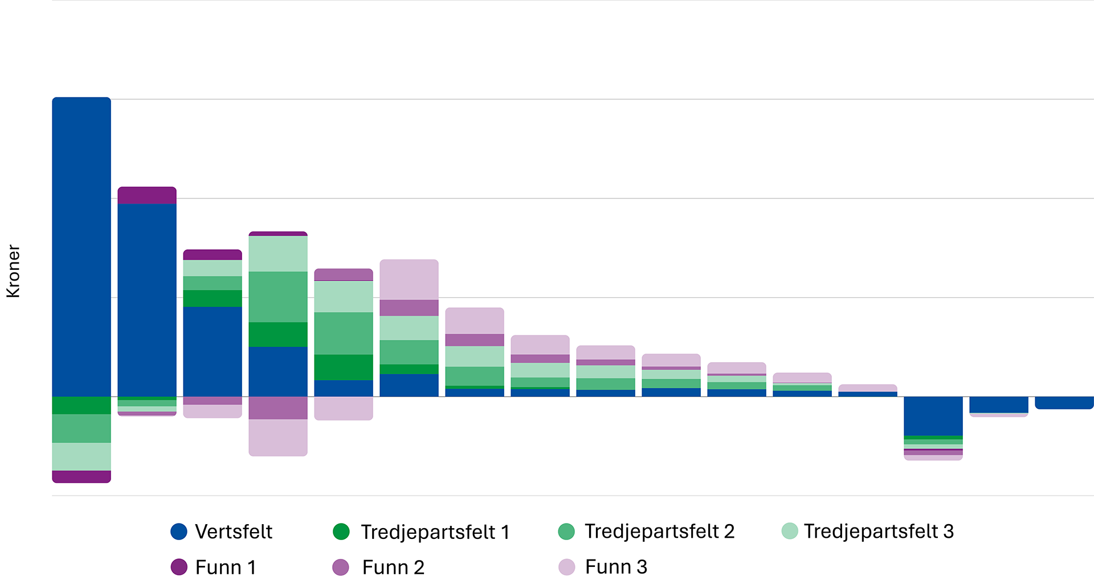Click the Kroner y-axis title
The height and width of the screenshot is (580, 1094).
point(13,271)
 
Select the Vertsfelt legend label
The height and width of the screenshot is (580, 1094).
point(233,532)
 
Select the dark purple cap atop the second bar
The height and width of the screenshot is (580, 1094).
point(147,195)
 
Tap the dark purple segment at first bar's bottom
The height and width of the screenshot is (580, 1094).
point(81,477)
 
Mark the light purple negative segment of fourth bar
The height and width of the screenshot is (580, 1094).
point(278,437)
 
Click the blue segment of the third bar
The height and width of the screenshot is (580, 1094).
point(213,351)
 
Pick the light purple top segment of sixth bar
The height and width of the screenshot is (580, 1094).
point(409,279)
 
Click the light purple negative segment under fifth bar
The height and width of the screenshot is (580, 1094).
point(344,408)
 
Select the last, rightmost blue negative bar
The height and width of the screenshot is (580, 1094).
point(1064,403)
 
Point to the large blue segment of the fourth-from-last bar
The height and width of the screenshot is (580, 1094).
point(933,416)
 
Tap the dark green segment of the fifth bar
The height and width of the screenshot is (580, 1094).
point(344,367)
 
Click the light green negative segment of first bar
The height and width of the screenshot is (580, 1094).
point(81,456)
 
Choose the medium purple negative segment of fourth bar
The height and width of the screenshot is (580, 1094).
point(278,408)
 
